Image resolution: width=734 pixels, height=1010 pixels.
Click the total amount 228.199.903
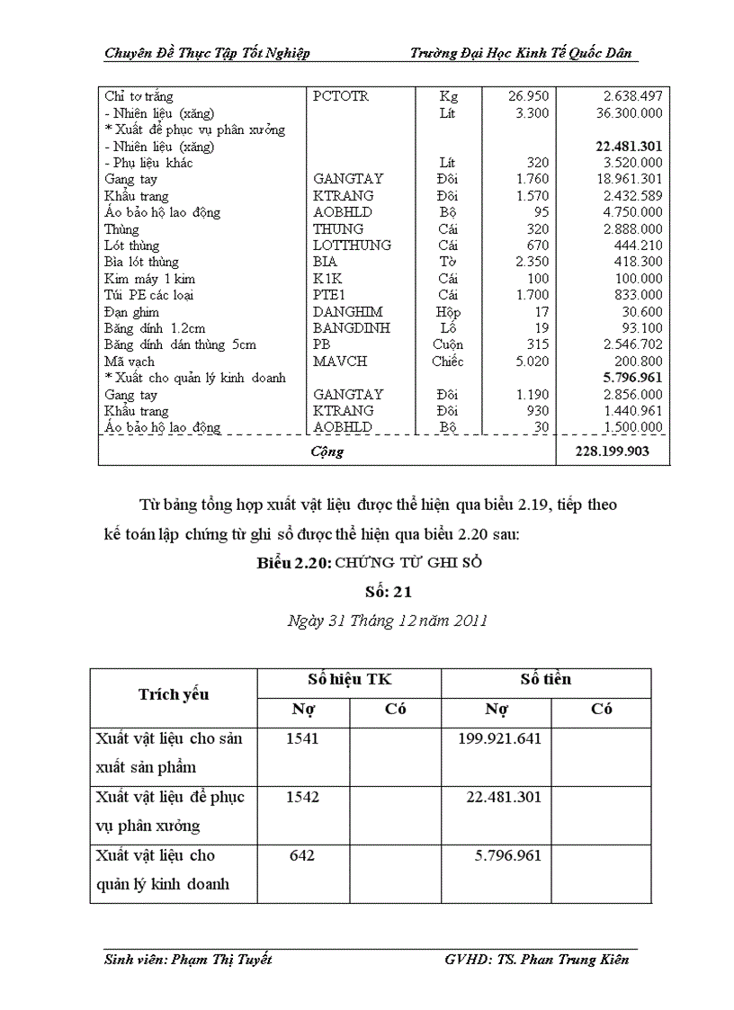coord(612,451)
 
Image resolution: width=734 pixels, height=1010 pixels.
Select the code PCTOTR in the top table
coord(341,96)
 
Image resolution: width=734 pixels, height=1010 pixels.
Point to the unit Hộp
coord(447,312)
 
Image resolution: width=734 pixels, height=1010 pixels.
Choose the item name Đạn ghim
coord(131,312)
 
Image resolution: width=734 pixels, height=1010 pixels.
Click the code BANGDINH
coord(351,328)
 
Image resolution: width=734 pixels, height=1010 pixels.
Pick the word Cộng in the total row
coord(327,451)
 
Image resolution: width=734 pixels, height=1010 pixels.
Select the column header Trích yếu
coord(174,694)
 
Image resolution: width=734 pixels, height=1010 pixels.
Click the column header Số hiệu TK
coord(349,680)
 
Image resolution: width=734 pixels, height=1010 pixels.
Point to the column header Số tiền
coord(545,680)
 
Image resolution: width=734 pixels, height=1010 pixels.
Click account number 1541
coord(302,738)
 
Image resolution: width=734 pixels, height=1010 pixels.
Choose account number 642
coord(302,855)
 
